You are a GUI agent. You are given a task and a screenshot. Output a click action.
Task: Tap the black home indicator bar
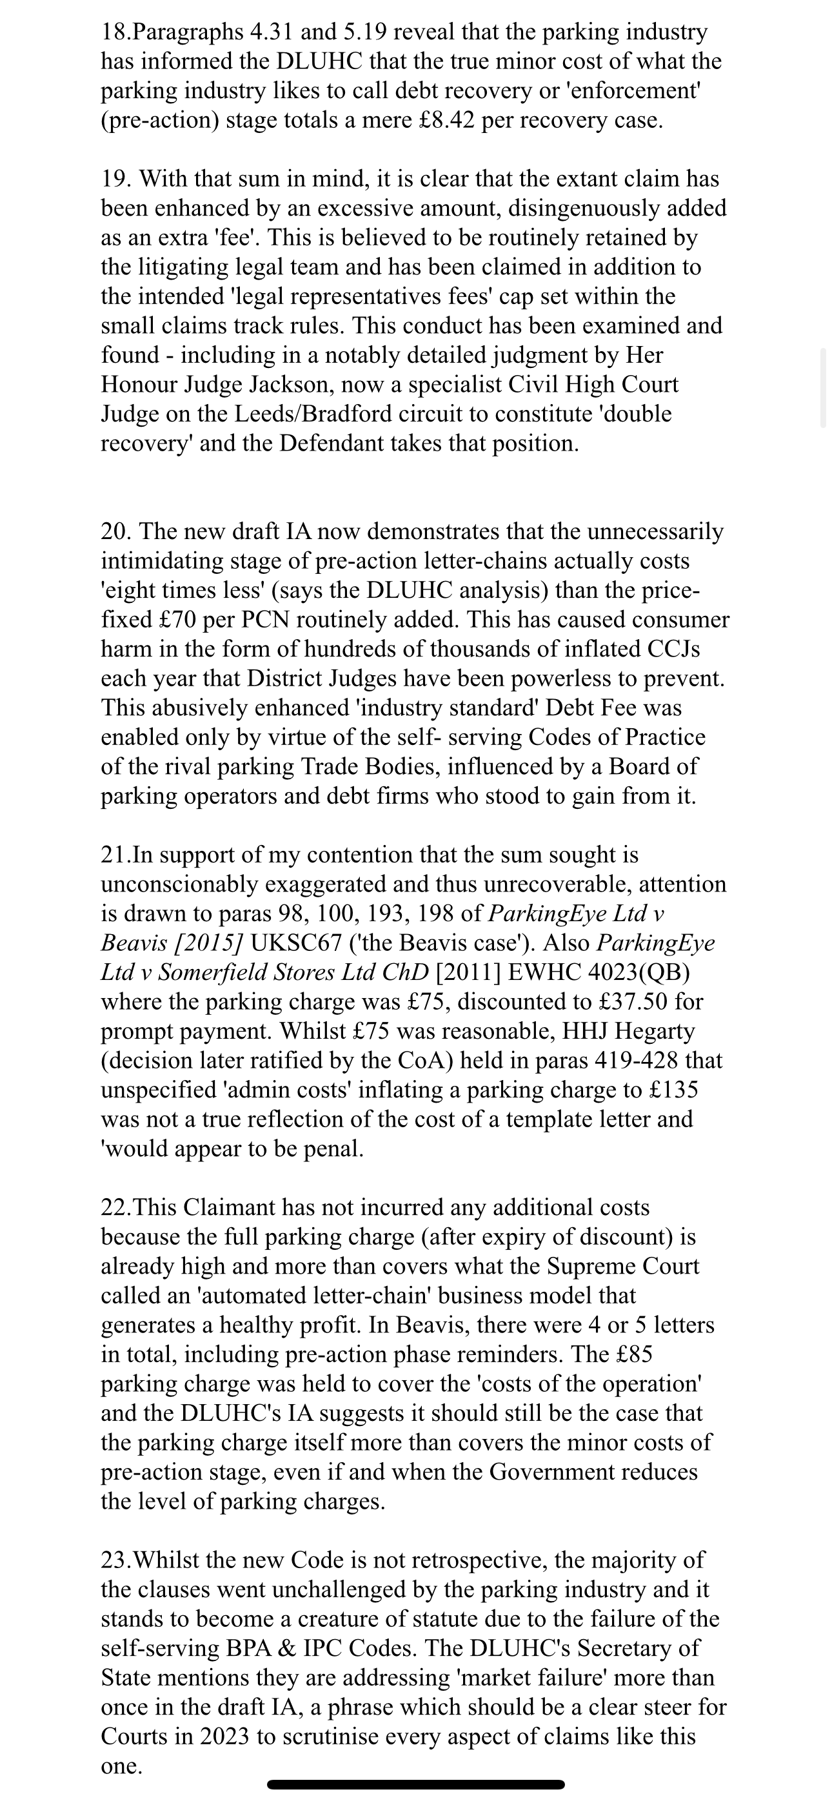[415, 1783]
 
